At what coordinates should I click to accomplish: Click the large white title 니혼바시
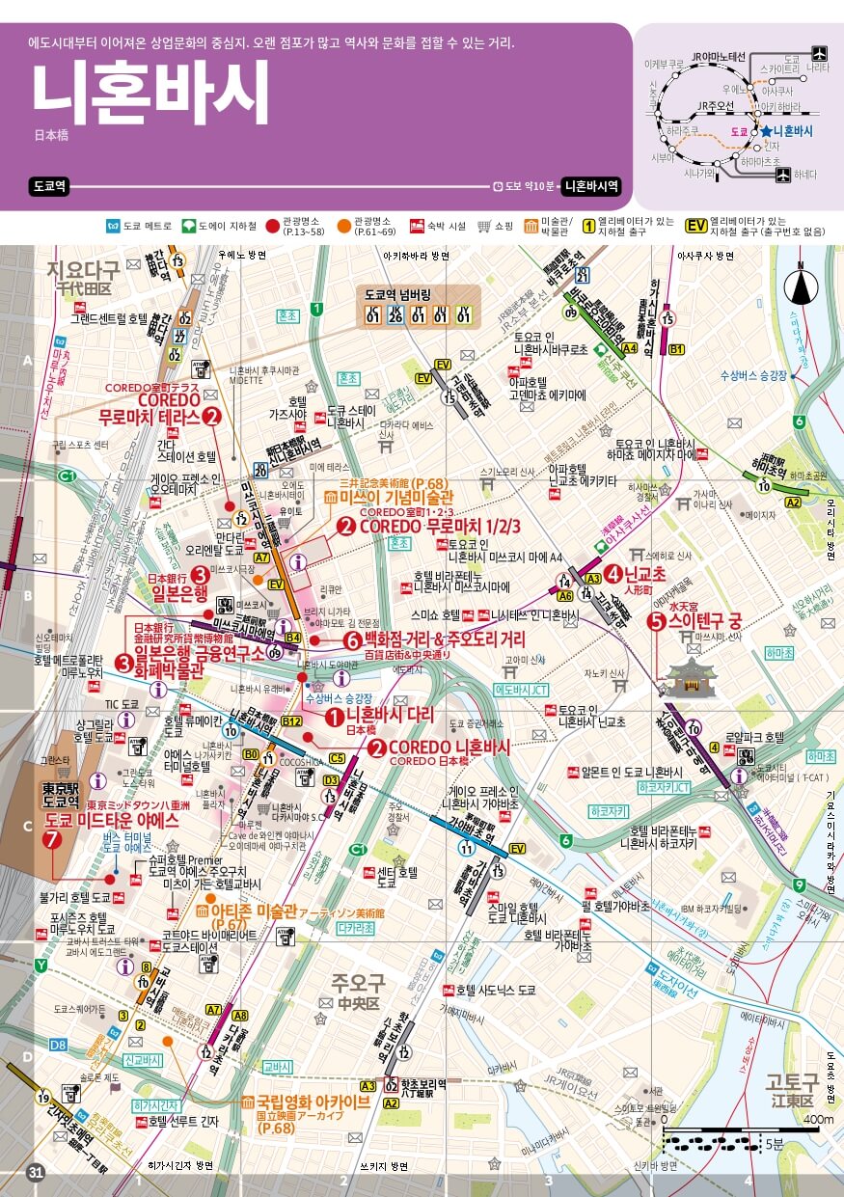pyautogui.click(x=150, y=95)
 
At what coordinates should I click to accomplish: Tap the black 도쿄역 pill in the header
pyautogui.click(x=48, y=186)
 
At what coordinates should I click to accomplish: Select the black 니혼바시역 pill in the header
pyautogui.click(x=591, y=186)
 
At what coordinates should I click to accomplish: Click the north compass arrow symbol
pyautogui.click(x=801, y=285)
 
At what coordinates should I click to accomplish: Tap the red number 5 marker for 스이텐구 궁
pyautogui.click(x=656, y=623)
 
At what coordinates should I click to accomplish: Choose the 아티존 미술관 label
pyautogui.click(x=259, y=911)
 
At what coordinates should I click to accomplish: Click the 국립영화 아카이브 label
pyautogui.click(x=312, y=1102)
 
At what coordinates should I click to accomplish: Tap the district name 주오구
pyautogui.click(x=358, y=983)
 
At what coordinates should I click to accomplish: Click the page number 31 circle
pyautogui.click(x=36, y=1173)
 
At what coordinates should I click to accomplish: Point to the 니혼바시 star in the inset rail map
pyautogui.click(x=765, y=130)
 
